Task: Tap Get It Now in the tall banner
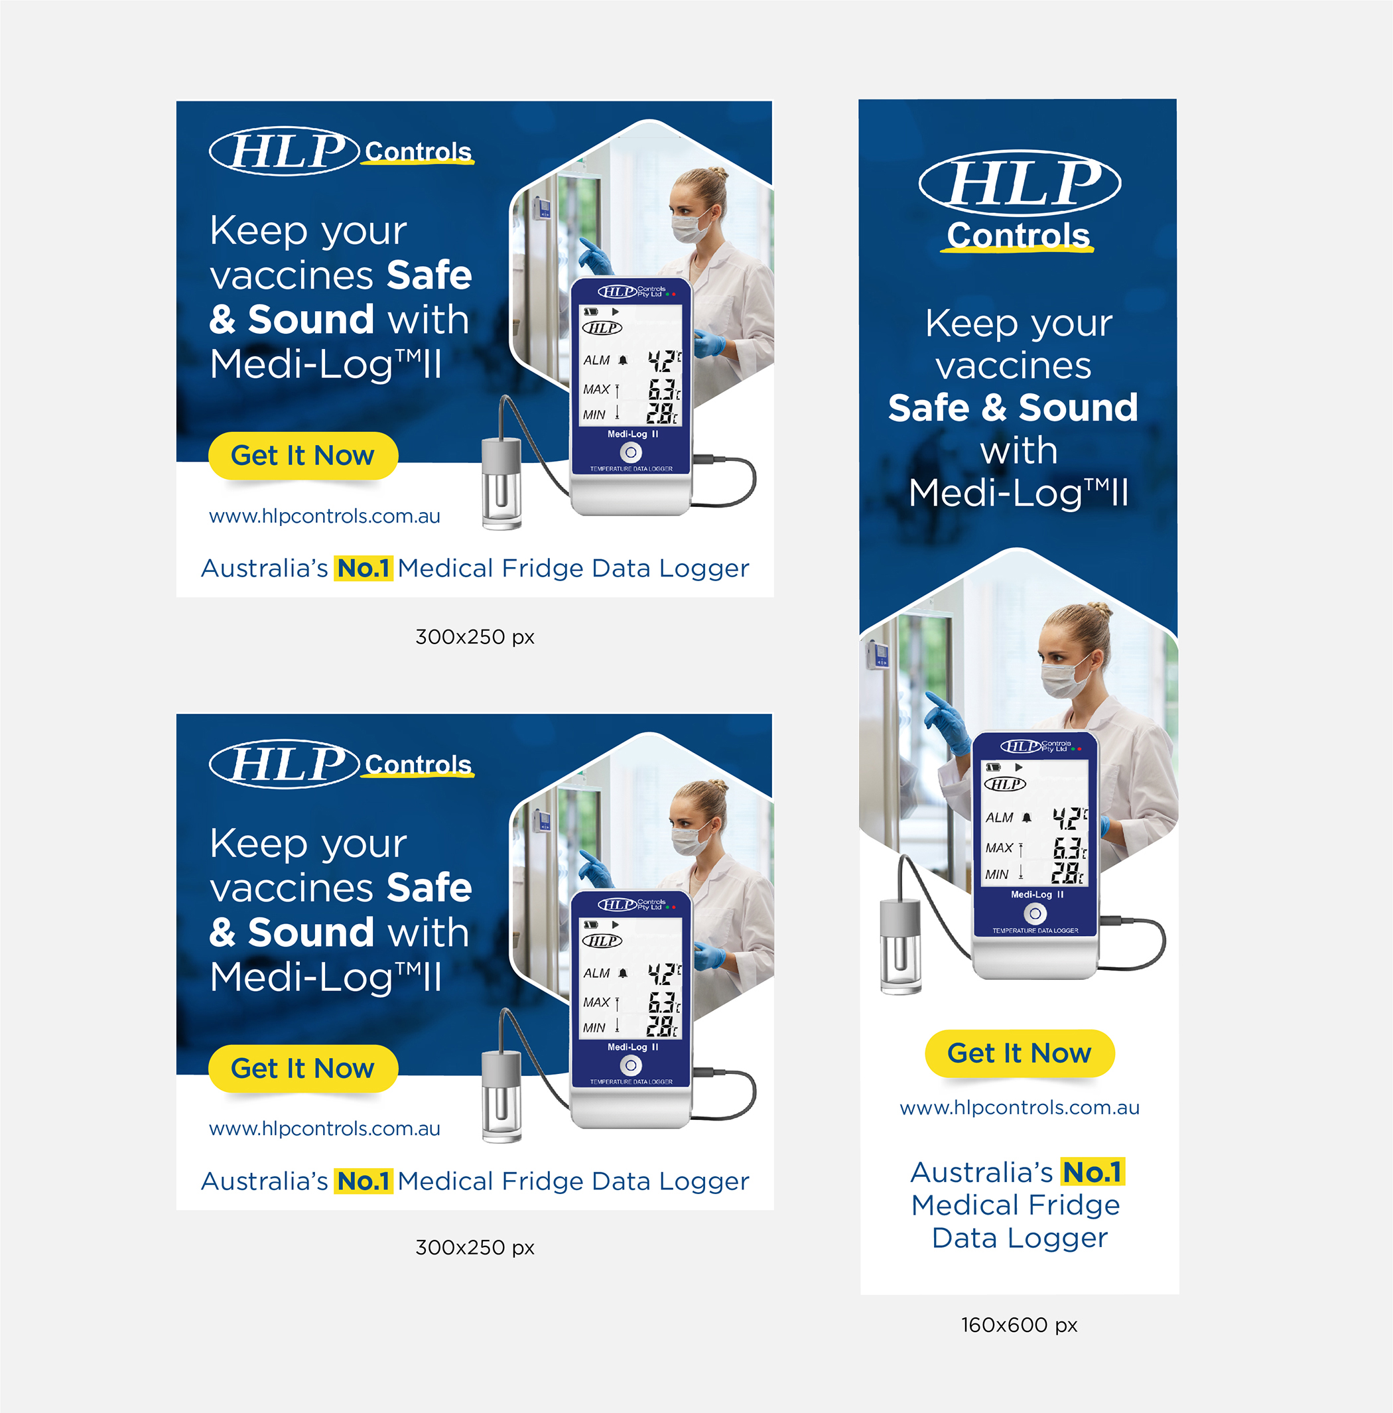[1020, 1053]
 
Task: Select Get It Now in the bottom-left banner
[302, 1069]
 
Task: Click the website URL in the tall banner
[1020, 1107]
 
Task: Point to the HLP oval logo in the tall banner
[1020, 183]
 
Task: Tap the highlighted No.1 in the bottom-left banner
[364, 1181]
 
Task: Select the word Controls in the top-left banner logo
[419, 151]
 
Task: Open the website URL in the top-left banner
[324, 516]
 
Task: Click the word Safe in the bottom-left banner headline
[429, 888]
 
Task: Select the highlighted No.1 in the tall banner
[1093, 1172]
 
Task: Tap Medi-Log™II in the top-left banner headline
[326, 364]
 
